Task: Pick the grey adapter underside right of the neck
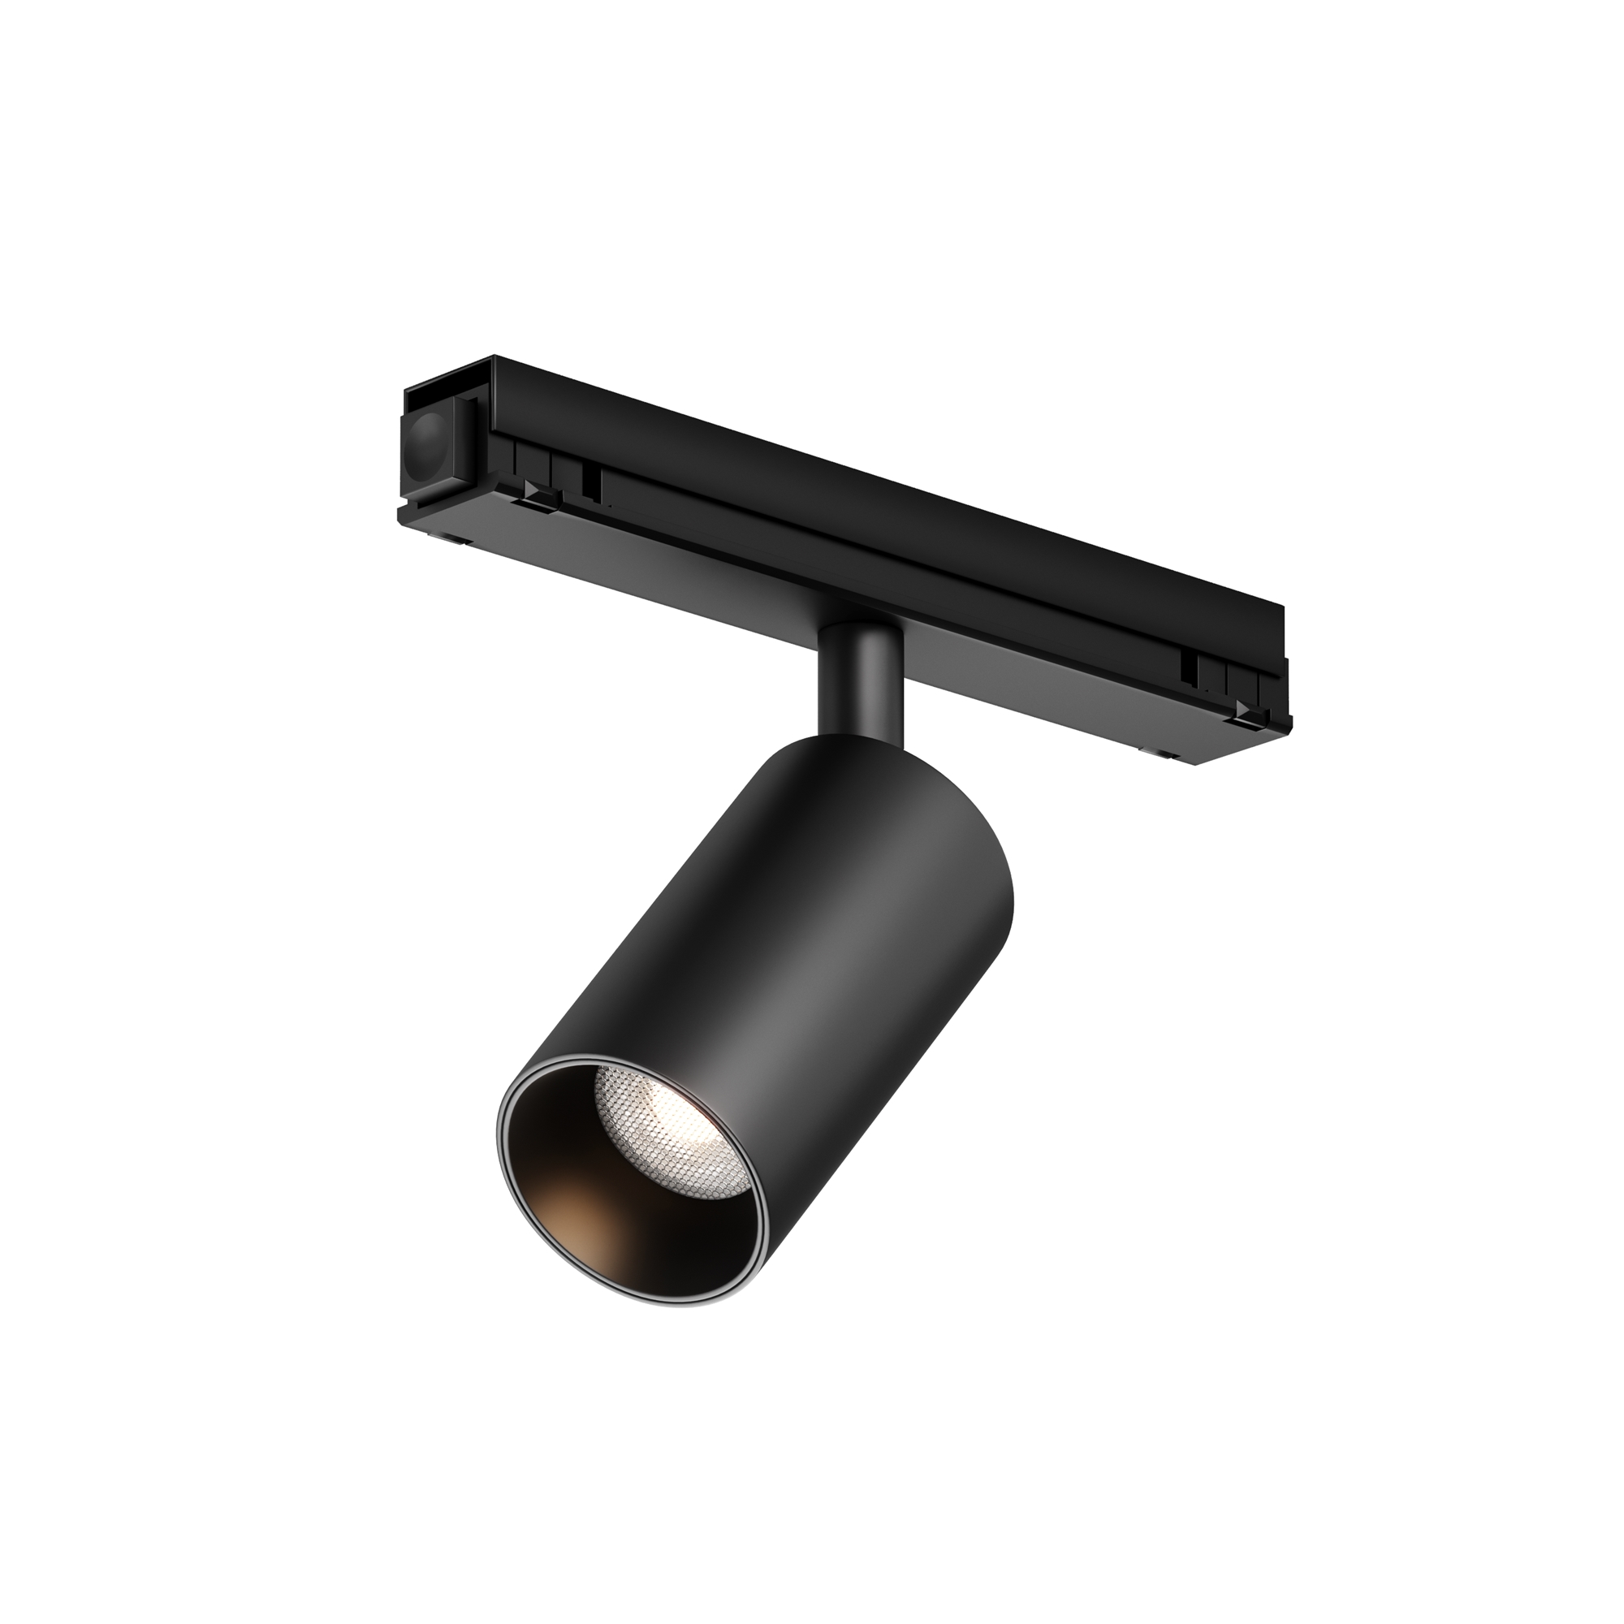(1009, 689)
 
